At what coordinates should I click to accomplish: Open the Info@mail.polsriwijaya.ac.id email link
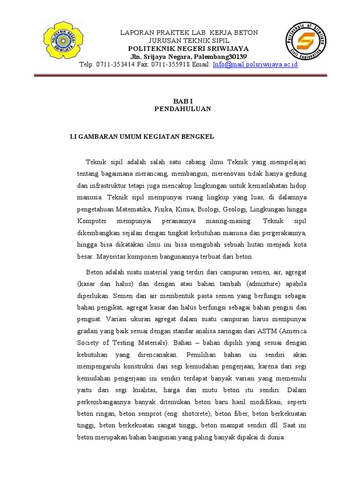[255, 64]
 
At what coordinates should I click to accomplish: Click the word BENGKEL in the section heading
[199, 136]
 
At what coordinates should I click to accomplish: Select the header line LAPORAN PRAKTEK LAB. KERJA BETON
[189, 32]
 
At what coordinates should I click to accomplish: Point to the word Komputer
[92, 221]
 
